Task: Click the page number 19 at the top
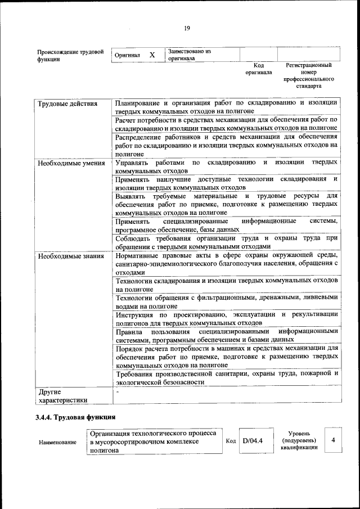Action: coord(187,29)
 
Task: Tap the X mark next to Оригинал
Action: coord(152,55)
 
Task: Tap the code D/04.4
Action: coord(253,440)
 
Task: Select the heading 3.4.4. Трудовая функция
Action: coord(75,418)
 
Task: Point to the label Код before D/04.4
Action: coord(230,441)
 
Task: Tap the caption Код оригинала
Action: coord(258,69)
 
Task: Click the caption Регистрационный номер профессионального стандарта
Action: coord(308,76)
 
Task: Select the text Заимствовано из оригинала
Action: coord(190,55)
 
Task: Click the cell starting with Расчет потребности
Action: coord(226,124)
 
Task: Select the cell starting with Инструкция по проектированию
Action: coord(226,318)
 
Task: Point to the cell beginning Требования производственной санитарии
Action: coord(226,377)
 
